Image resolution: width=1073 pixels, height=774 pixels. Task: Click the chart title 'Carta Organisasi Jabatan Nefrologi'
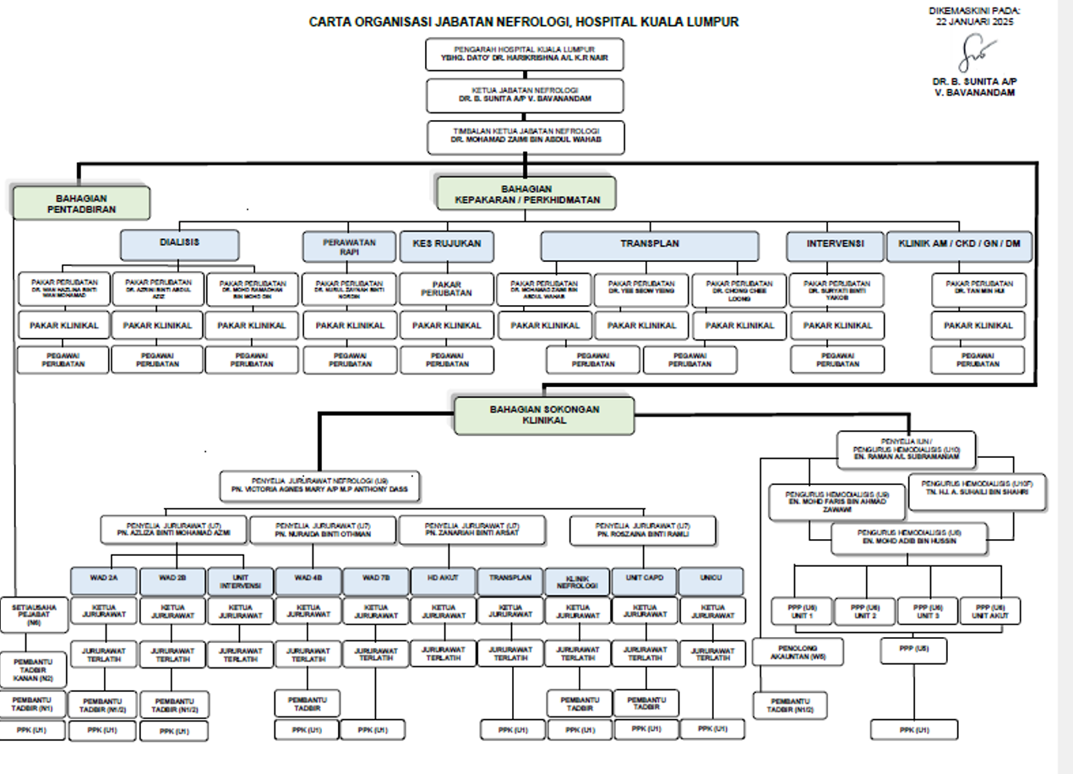(523, 22)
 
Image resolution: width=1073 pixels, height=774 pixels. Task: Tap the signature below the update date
(975, 55)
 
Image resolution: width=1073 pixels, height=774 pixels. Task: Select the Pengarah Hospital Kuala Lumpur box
(525, 55)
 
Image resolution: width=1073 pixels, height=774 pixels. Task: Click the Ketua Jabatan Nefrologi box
(525, 95)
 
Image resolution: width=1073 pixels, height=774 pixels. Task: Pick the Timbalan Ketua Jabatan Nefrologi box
(526, 137)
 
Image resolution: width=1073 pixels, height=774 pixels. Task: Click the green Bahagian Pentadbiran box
(82, 203)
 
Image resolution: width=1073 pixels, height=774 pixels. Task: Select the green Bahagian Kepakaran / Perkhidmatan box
(526, 193)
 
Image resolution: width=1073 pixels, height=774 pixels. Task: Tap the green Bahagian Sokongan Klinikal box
(544, 415)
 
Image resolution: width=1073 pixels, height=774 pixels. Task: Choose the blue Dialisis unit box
(179, 244)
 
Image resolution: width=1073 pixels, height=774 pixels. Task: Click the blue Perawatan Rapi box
(349, 247)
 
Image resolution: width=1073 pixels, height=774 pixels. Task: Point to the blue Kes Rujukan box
(446, 246)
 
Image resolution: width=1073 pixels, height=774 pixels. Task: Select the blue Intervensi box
(835, 246)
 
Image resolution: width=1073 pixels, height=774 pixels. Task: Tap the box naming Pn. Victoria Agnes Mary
(319, 486)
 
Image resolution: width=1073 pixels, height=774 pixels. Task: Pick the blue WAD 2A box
(103, 581)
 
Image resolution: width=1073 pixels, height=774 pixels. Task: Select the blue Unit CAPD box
(645, 580)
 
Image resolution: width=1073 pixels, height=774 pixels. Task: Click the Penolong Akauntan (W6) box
(798, 651)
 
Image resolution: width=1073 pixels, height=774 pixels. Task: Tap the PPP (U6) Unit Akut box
(989, 611)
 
